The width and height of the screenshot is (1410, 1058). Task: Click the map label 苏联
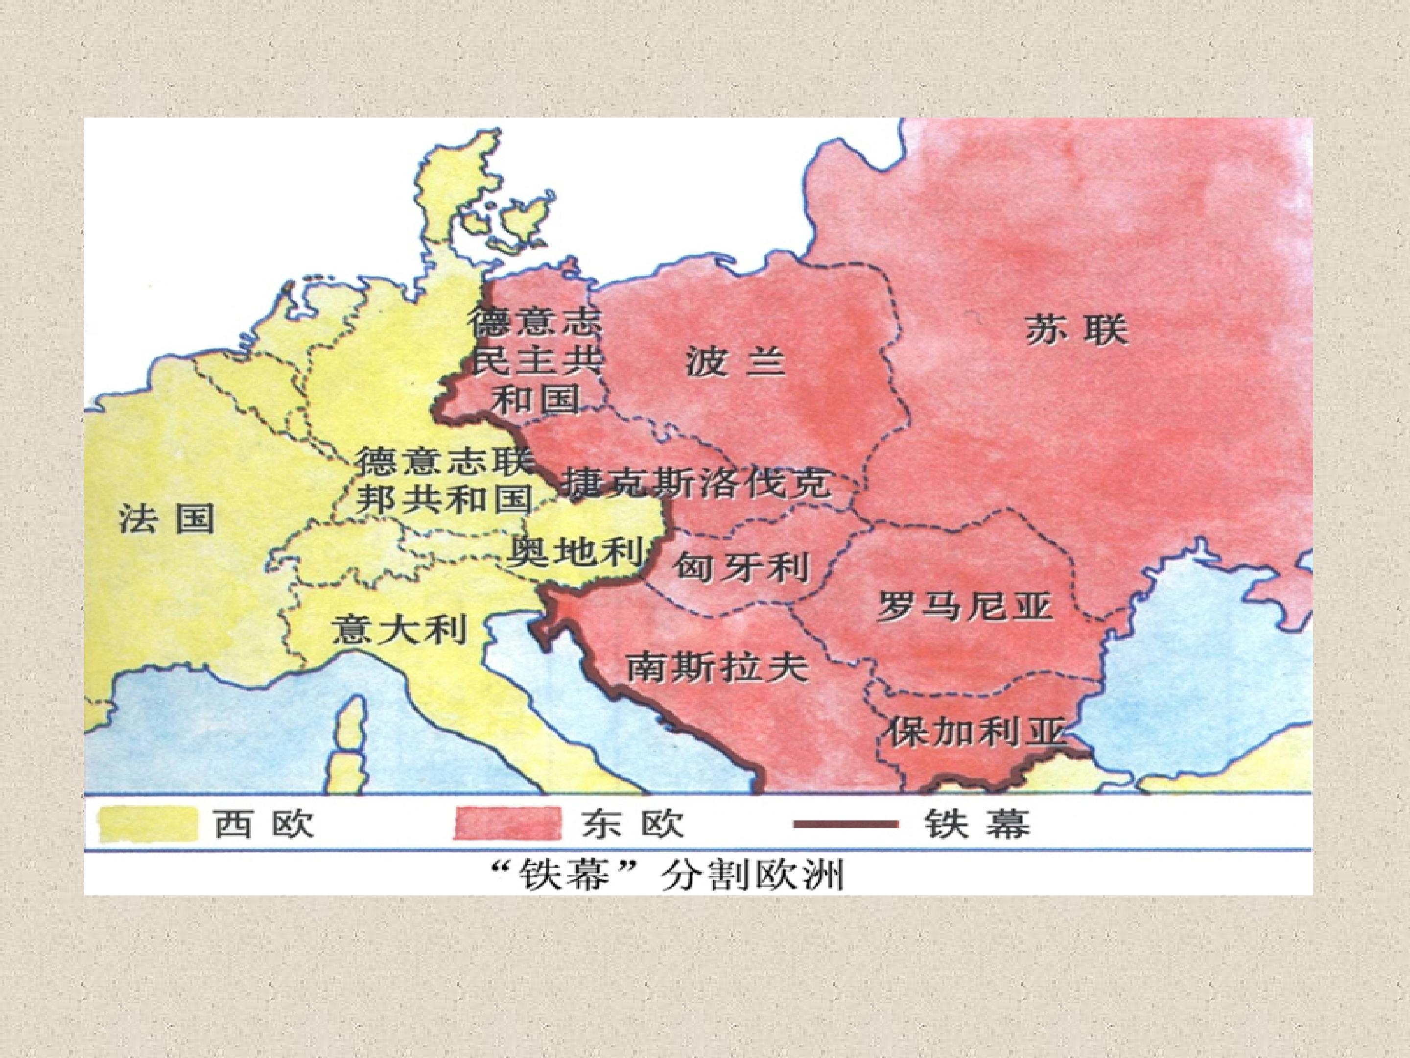click(x=1077, y=331)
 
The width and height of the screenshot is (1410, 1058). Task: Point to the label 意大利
click(x=399, y=630)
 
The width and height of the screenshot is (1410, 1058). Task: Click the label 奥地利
click(x=574, y=551)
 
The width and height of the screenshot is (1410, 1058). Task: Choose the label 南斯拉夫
click(x=717, y=668)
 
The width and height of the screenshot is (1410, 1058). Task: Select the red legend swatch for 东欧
click(x=509, y=824)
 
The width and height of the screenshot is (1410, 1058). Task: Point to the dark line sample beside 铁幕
click(x=845, y=824)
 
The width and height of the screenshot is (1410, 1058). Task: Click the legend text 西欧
click(x=263, y=824)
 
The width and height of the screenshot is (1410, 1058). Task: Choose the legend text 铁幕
click(x=977, y=824)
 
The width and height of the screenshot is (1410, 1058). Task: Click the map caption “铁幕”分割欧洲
click(x=668, y=876)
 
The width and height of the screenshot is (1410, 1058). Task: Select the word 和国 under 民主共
click(x=537, y=399)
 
